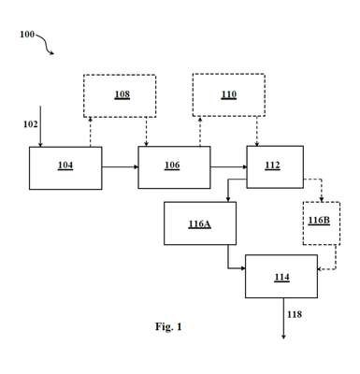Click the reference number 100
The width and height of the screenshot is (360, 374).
click(x=27, y=34)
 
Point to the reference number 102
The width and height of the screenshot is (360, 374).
click(x=30, y=124)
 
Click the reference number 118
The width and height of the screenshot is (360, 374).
click(x=295, y=314)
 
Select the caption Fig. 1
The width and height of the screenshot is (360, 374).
click(x=168, y=326)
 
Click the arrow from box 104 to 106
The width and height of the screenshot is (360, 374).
click(x=120, y=167)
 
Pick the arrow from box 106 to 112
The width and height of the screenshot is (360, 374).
click(x=228, y=167)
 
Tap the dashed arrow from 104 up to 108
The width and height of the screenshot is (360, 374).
click(x=91, y=132)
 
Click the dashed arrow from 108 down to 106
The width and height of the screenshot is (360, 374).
click(x=146, y=132)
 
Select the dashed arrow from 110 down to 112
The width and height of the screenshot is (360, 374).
click(x=257, y=131)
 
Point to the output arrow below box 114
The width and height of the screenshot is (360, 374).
click(x=283, y=318)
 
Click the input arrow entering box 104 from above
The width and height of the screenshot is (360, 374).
click(x=40, y=126)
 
